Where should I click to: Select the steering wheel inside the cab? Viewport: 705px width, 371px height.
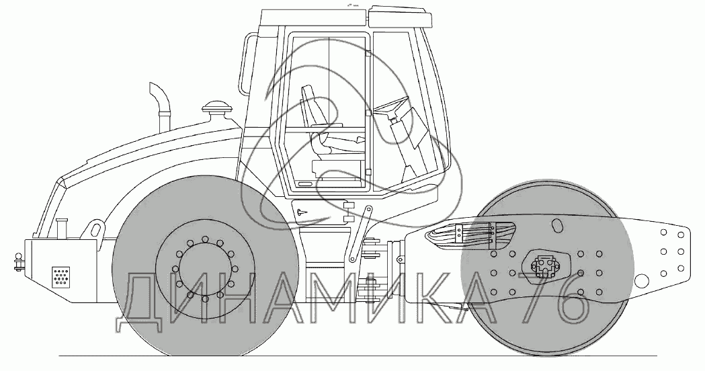(390, 106)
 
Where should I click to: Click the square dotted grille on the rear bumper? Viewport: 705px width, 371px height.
(60, 276)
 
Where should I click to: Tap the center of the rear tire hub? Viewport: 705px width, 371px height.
(205, 267)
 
